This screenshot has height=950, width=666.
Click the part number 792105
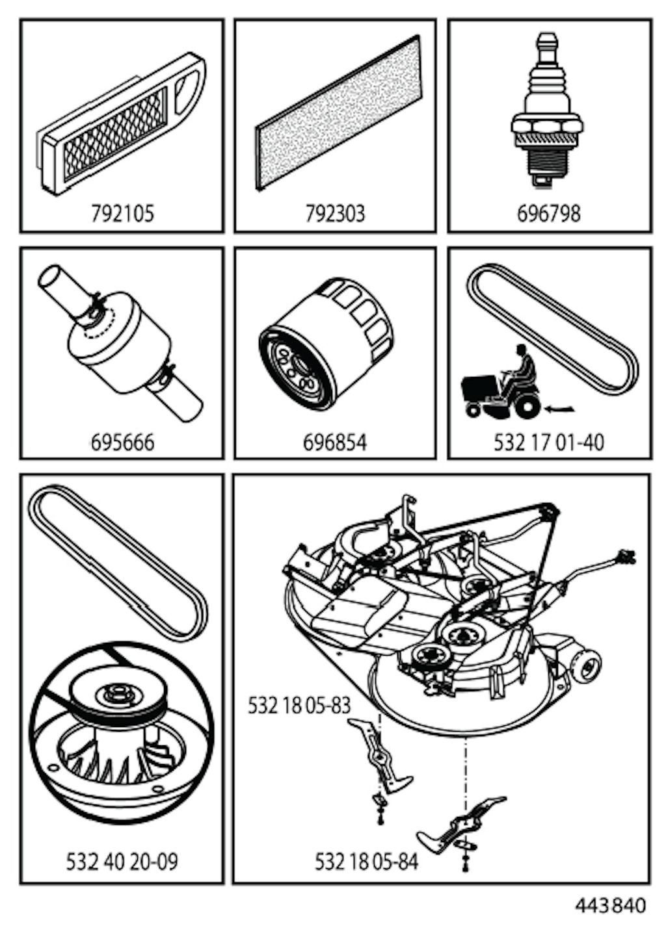tap(122, 214)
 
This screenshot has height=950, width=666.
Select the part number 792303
tap(336, 214)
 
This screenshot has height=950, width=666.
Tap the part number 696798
tap(548, 214)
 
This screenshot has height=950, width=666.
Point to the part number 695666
tap(122, 443)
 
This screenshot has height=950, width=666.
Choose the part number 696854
tap(335, 443)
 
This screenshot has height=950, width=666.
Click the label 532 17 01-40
tap(549, 443)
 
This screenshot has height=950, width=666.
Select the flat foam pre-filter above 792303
tap(338, 112)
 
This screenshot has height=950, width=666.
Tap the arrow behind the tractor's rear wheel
tap(560, 409)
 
